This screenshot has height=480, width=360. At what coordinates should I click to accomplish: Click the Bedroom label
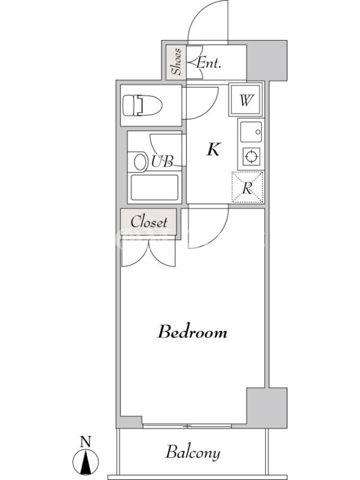[192, 332]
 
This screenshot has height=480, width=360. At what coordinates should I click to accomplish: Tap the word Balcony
[193, 452]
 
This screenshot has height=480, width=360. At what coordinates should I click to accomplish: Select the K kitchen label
[213, 149]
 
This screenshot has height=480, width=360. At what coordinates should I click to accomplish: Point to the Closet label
[149, 222]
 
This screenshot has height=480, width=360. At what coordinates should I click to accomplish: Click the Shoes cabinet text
[176, 62]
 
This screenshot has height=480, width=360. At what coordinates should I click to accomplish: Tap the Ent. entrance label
[208, 63]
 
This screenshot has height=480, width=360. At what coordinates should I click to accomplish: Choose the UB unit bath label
[162, 161]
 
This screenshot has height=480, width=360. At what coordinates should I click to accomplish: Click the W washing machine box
[246, 100]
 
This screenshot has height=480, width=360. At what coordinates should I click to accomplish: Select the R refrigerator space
[247, 187]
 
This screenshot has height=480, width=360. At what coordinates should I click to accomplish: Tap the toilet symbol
[142, 106]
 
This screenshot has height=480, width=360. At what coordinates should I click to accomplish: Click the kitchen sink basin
[251, 132]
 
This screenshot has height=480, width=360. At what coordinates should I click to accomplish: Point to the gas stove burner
[251, 157]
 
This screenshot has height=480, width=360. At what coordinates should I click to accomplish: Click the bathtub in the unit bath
[155, 187]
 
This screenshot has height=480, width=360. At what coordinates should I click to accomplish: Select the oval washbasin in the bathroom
[140, 162]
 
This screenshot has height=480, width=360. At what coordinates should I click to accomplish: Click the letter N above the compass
[86, 442]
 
